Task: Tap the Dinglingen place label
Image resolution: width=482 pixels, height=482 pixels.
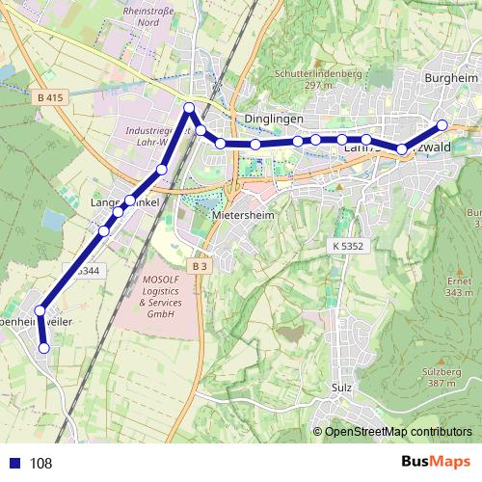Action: pyautogui.click(x=275, y=119)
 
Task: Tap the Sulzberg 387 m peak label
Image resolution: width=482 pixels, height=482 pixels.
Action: pyautogui.click(x=441, y=376)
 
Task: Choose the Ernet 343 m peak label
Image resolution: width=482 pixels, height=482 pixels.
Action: pyautogui.click(x=459, y=285)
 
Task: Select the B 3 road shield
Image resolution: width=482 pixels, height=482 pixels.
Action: pyautogui.click(x=200, y=265)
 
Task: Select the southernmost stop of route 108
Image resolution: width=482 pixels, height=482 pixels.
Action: pyautogui.click(x=43, y=348)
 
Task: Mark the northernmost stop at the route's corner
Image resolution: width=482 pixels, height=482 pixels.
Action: pyautogui.click(x=190, y=107)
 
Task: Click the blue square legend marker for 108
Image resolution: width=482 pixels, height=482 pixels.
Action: pyautogui.click(x=13, y=463)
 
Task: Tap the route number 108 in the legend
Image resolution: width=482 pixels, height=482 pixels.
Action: pyautogui.click(x=40, y=464)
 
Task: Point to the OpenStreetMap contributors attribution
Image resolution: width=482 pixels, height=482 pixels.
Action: pyautogui.click(x=397, y=431)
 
